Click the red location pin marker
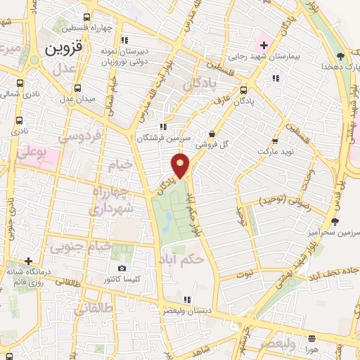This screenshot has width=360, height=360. [181, 166]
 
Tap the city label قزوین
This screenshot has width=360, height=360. [65, 50]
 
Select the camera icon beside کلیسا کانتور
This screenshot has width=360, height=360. [122, 268]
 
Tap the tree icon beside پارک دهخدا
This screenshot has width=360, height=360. [341, 56]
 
